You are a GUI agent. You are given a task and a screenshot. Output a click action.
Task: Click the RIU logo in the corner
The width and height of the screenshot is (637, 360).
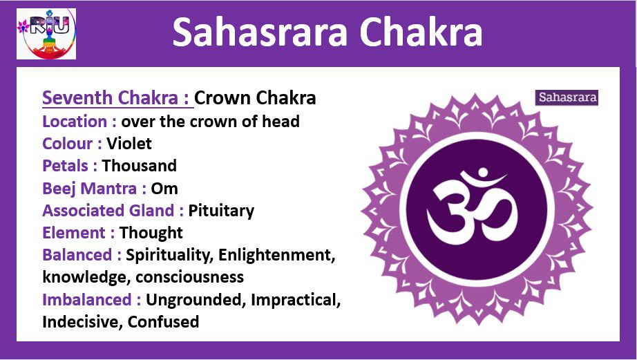click(46, 34)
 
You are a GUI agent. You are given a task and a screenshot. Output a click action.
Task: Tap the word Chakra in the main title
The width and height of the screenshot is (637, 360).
click(421, 32)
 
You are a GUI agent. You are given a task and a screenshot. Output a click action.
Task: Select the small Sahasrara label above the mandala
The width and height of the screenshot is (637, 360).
click(567, 97)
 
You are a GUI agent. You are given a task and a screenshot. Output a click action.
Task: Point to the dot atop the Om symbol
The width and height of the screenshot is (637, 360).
click(482, 173)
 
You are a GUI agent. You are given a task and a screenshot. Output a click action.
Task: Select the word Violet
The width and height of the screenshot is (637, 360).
click(129, 144)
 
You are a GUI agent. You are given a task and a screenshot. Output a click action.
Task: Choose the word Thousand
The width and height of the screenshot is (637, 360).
click(140, 166)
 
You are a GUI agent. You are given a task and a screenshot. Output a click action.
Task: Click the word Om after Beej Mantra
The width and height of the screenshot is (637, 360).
click(164, 189)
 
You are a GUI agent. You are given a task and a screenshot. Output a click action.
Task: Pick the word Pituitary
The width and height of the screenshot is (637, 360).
click(221, 211)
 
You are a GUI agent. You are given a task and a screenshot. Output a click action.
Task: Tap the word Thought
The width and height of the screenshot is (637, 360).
click(151, 233)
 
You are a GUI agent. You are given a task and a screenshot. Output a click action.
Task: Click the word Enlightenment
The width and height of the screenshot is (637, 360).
click(276, 255)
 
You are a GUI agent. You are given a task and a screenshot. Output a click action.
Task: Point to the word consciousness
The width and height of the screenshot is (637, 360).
click(190, 277)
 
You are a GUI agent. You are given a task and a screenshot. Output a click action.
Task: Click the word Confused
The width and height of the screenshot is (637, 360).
click(163, 322)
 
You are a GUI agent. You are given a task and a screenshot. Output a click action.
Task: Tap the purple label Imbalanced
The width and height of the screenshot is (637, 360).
click(87, 300)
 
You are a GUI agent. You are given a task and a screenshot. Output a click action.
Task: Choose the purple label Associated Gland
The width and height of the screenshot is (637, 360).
click(108, 211)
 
